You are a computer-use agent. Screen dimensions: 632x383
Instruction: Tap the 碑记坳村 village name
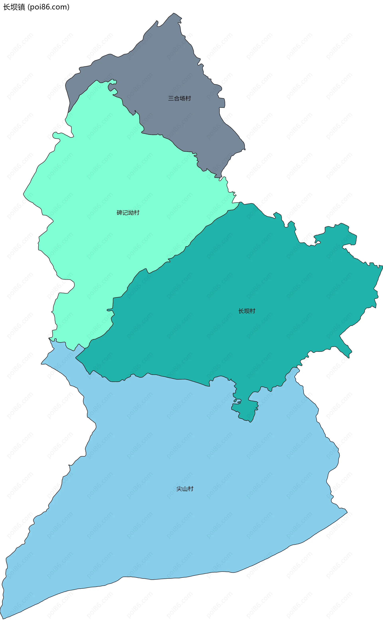tap(128, 213)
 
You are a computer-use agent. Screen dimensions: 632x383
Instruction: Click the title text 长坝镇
tap(14, 7)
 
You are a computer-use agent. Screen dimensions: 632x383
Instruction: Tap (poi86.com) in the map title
tap(48, 7)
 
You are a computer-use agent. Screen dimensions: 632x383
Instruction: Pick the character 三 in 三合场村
tap(171, 98)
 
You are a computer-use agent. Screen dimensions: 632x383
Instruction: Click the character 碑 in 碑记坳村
tap(119, 213)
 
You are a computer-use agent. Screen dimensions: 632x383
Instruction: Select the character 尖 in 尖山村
tap(179, 489)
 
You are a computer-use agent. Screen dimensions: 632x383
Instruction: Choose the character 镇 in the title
tap(22, 7)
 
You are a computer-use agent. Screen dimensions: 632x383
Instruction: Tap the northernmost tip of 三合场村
tap(174, 13)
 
